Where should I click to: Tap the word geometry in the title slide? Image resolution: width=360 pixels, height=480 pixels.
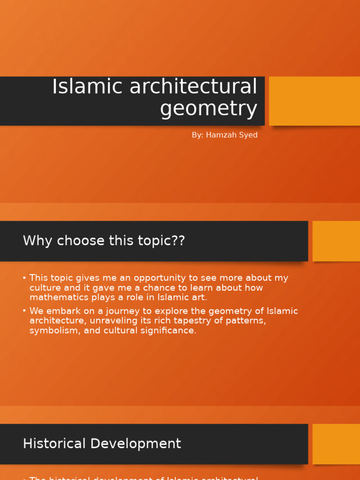coord(209,109)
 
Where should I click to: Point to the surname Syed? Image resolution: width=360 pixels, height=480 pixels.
coord(248,135)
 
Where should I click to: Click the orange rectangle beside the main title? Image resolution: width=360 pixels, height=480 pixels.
coord(314,101)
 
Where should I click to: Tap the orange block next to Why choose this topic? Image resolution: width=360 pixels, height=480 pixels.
coord(336,241)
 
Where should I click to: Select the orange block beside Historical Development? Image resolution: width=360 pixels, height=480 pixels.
coord(336,444)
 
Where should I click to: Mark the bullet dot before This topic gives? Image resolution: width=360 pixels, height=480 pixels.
coord(24,278)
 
